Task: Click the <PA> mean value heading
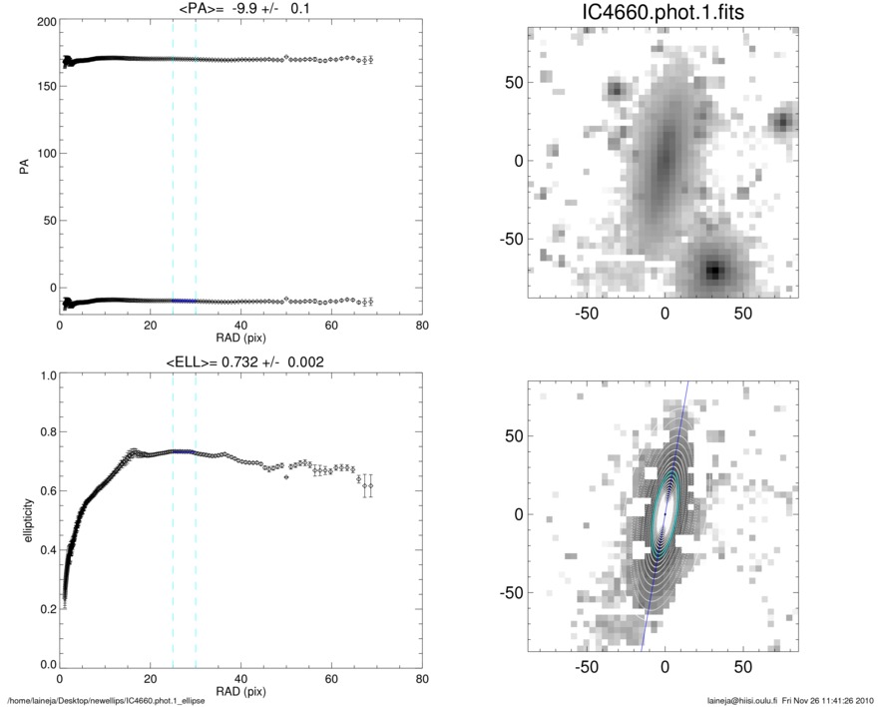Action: click(240, 10)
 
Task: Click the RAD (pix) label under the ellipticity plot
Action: click(240, 691)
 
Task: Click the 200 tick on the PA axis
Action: click(43, 20)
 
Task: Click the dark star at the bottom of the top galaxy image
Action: click(713, 270)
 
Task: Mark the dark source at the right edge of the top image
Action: click(784, 122)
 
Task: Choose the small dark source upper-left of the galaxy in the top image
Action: click(615, 89)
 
